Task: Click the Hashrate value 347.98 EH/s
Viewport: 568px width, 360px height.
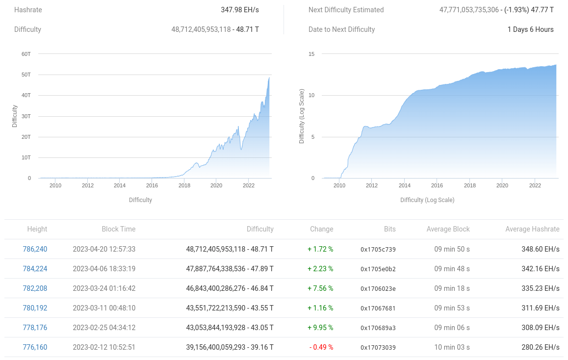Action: tap(240, 10)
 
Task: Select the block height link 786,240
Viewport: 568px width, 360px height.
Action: tap(35, 249)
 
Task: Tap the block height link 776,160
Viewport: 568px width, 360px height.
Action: tap(35, 347)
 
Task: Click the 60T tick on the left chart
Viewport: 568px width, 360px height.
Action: tap(26, 54)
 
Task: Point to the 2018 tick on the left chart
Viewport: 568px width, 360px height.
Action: tap(184, 185)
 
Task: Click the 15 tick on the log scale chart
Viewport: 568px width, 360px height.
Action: tap(311, 54)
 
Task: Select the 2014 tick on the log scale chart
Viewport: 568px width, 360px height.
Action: tap(405, 185)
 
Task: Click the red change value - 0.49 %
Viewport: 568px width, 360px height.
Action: tap(321, 347)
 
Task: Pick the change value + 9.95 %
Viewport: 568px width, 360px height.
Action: tap(320, 328)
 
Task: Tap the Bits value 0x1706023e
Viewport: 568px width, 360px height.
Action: tap(378, 288)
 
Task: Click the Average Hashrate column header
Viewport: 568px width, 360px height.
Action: tap(532, 229)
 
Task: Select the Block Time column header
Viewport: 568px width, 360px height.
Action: tap(119, 229)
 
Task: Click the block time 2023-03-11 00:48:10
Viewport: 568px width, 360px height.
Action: tap(104, 308)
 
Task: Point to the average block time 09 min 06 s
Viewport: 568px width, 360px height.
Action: tap(452, 328)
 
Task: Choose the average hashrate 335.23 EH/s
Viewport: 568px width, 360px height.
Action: tap(541, 288)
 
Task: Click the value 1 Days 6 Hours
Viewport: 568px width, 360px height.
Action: tap(530, 29)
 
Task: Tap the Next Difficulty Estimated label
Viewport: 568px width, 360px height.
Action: tap(346, 10)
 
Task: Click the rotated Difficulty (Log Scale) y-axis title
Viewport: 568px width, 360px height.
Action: tap(302, 116)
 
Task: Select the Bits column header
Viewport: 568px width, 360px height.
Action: tap(389, 229)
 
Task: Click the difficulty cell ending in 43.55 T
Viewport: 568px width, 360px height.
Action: tap(230, 308)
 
